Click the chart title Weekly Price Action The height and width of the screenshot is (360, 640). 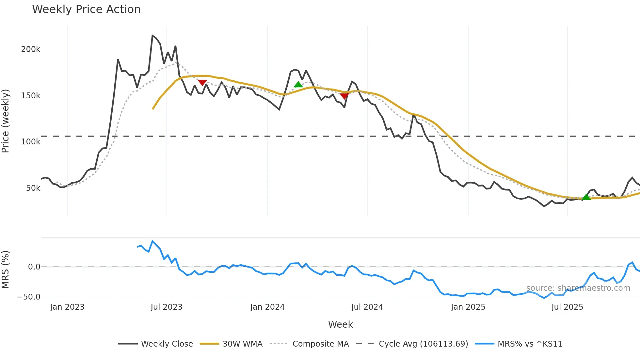click(x=86, y=9)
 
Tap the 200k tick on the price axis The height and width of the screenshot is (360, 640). click(x=31, y=49)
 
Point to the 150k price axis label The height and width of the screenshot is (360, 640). click(x=31, y=96)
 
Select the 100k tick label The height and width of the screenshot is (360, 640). click(x=31, y=142)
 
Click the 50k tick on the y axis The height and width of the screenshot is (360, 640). click(x=33, y=188)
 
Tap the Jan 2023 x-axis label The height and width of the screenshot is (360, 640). click(x=67, y=307)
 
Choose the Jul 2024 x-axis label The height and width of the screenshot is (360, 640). click(x=367, y=307)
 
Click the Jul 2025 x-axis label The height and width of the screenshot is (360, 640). click(x=567, y=307)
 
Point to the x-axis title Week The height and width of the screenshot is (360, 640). click(x=340, y=324)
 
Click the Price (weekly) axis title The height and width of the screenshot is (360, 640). click(x=6, y=121)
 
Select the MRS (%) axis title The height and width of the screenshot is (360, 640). click(x=6, y=270)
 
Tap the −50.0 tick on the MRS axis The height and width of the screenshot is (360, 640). click(x=29, y=297)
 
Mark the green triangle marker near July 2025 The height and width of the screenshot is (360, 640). click(x=586, y=197)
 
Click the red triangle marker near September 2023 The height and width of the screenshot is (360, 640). click(x=202, y=83)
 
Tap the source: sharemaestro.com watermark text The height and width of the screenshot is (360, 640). click(x=578, y=288)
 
